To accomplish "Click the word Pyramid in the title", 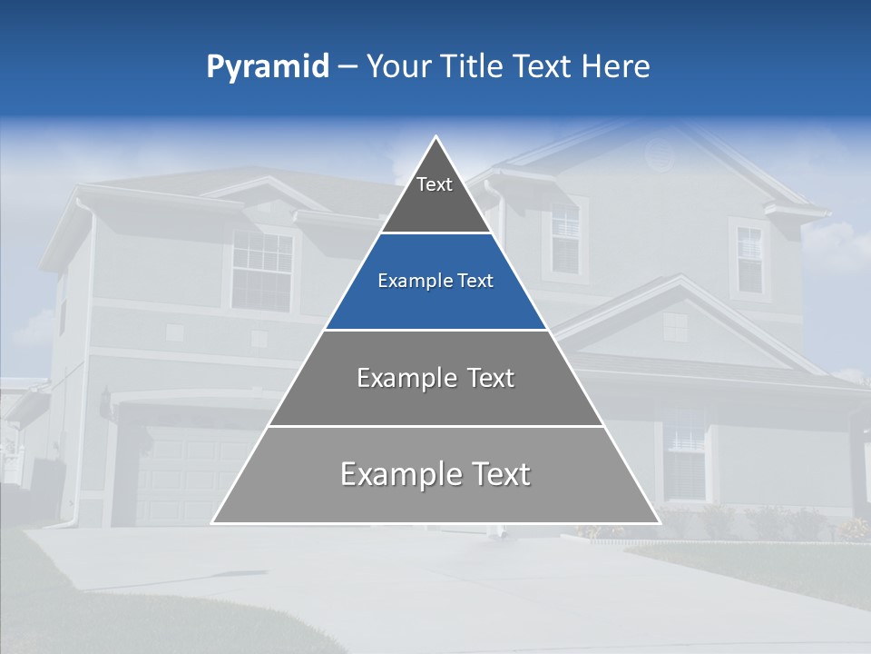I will [268, 66].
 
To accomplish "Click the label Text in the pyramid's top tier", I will [435, 184].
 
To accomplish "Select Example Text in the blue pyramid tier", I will [435, 282].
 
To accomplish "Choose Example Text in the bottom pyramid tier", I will [435, 474].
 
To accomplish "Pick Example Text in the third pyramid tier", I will [435, 378].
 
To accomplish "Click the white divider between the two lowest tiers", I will [435, 426].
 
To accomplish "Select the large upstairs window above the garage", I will [261, 269].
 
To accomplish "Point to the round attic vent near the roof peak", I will [660, 155].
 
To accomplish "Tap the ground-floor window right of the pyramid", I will [686, 453].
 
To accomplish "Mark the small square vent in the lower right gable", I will [675, 326].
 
